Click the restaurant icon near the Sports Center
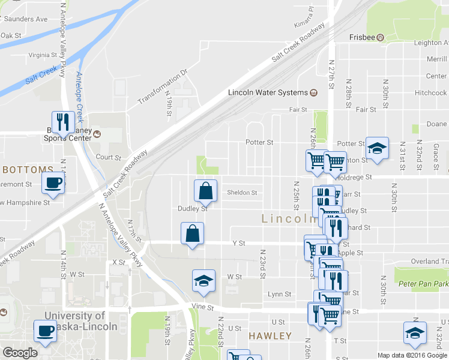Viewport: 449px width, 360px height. (62, 122)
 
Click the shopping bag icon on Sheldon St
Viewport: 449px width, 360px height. (205, 191)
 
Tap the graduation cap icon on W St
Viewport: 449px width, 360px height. (203, 280)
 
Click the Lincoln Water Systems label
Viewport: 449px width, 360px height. (267, 92)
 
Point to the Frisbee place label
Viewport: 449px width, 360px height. (363, 37)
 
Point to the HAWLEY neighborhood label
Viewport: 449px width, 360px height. (270, 336)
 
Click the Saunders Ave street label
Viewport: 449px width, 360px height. (24, 19)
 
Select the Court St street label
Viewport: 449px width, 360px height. (109, 157)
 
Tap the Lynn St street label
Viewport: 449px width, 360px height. (279, 294)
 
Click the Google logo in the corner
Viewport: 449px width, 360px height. (20, 353)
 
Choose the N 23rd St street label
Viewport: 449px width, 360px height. (262, 265)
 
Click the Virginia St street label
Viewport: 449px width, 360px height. (41, 55)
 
